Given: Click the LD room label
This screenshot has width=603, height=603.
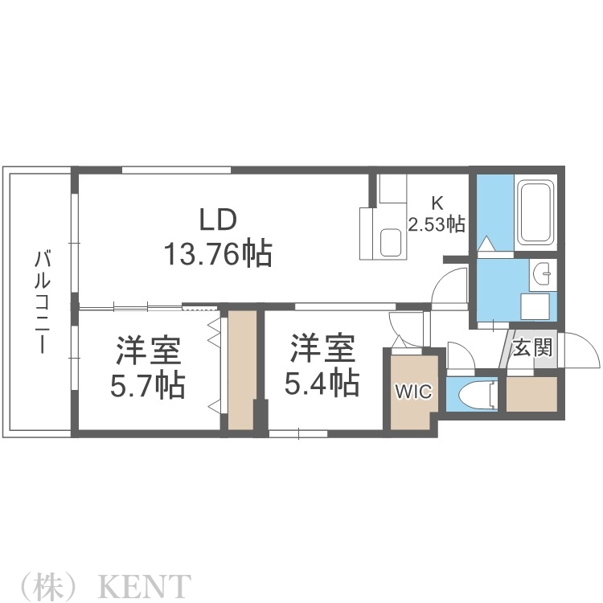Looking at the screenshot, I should click(x=217, y=219).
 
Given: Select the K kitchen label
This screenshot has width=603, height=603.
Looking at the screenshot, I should click(x=437, y=202).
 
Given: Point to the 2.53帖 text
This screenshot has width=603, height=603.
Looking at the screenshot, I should click(x=437, y=224).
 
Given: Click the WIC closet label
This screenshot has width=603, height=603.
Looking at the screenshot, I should click(x=413, y=392).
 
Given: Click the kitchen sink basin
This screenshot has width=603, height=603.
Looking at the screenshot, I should click(x=392, y=242).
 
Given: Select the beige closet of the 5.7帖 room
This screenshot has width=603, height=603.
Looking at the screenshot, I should click(x=242, y=370).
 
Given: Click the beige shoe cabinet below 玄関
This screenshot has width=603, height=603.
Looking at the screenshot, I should click(x=531, y=394).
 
